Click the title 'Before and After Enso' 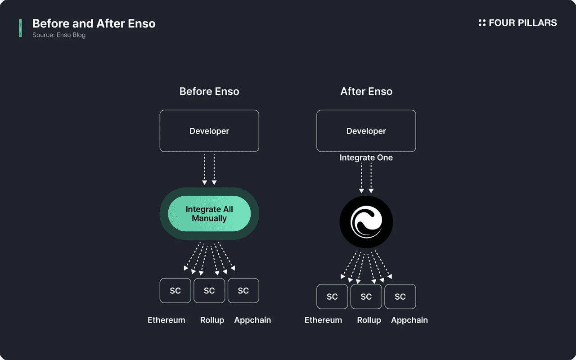94,23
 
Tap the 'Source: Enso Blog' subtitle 59,35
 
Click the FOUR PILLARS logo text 522,23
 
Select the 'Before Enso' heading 209,91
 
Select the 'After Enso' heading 366,91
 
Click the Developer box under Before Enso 209,131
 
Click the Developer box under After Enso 366,131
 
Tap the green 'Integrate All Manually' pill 209,214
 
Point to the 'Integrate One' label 366,157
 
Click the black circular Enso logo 366,222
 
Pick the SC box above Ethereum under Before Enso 175,291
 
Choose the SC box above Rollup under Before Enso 209,291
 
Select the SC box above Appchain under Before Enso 243,291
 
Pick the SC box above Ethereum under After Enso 332,297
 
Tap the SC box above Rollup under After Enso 366,297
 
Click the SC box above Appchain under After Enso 400,297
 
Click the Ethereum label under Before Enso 166,320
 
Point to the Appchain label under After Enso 409,320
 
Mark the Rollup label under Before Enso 212,320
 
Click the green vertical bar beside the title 20,28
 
